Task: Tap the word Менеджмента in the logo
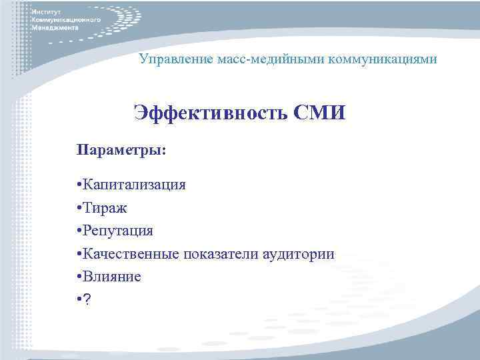tap(55, 29)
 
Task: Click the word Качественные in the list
tap(134, 254)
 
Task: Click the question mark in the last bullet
tap(88, 300)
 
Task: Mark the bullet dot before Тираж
tap(79, 208)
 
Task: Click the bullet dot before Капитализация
tap(79, 185)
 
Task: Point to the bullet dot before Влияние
tap(79, 277)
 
